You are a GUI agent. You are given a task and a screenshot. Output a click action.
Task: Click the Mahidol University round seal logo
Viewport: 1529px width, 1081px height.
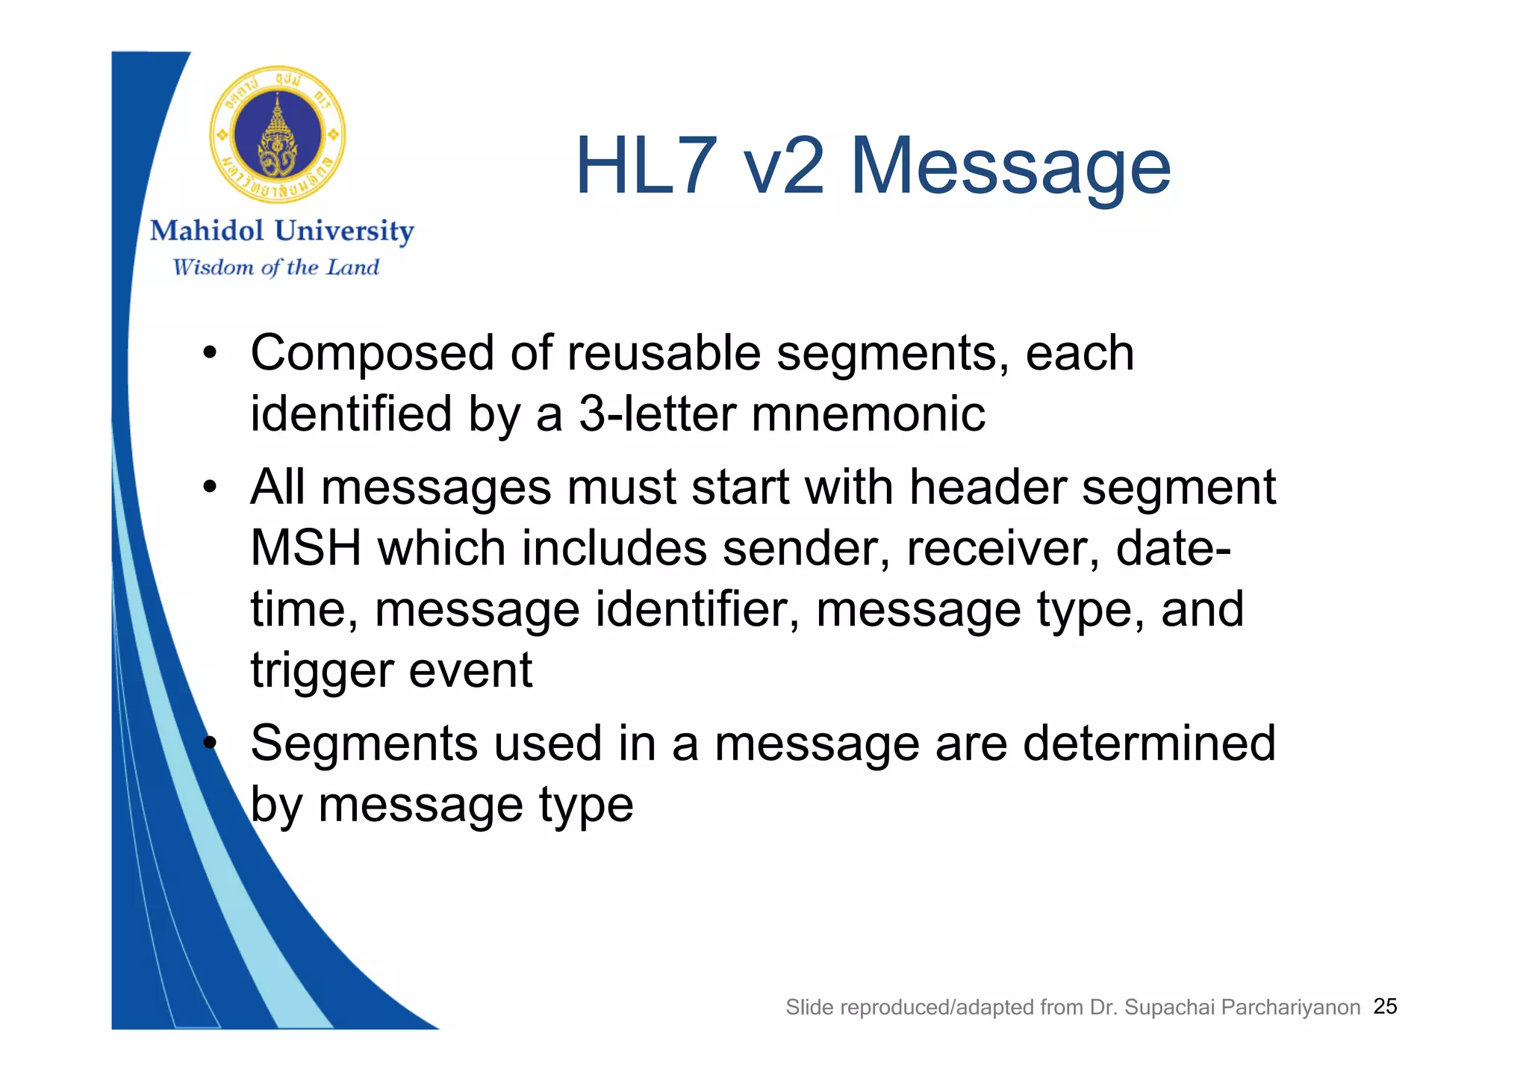click(277, 134)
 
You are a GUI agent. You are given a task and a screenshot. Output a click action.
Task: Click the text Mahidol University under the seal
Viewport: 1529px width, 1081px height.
click(281, 231)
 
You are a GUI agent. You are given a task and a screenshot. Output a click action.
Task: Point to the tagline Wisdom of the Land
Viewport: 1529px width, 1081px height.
click(275, 267)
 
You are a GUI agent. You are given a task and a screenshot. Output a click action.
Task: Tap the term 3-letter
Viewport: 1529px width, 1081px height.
click(657, 414)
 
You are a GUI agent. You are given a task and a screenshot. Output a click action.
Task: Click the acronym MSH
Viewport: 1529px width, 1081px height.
click(305, 548)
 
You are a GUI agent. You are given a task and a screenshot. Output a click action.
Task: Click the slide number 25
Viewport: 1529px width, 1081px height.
click(1385, 1006)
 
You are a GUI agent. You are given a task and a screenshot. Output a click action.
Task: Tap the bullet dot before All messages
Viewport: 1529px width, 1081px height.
click(210, 487)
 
